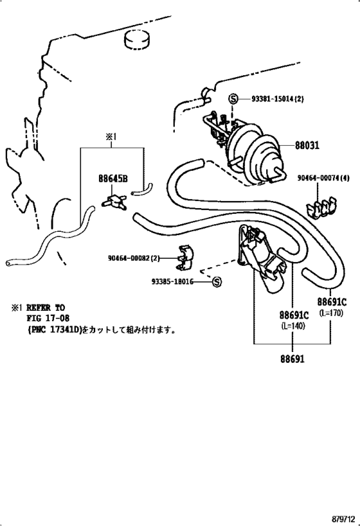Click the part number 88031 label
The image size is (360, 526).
pyautogui.click(x=307, y=145)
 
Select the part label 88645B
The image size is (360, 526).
pyautogui.click(x=113, y=179)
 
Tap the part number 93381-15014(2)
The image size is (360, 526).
pyautogui.click(x=277, y=99)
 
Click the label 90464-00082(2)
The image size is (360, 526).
pyautogui.click(x=134, y=258)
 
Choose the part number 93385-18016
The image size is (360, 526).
pyautogui.click(x=172, y=282)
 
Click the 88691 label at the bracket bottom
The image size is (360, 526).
pyautogui.click(x=292, y=359)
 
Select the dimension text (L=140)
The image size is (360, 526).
pyautogui.click(x=294, y=326)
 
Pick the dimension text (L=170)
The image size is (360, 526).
pyautogui.click(x=332, y=313)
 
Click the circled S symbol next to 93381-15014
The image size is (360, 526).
pyautogui.click(x=233, y=99)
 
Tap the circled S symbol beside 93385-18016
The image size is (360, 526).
pyautogui.click(x=217, y=282)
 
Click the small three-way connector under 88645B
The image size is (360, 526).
pyautogui.click(x=114, y=202)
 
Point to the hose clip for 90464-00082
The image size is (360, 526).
pyautogui.click(x=184, y=257)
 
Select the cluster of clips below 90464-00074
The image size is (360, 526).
pyautogui.click(x=321, y=208)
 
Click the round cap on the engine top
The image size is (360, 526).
pyautogui.click(x=138, y=40)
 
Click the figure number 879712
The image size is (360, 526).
pyautogui.click(x=343, y=520)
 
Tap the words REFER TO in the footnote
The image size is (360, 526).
pyautogui.click(x=46, y=308)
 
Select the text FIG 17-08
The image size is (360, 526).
pyautogui.click(x=48, y=319)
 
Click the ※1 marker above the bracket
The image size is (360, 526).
pyautogui.click(x=111, y=137)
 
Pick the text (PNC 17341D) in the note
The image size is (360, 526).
pyautogui.click(x=55, y=330)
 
